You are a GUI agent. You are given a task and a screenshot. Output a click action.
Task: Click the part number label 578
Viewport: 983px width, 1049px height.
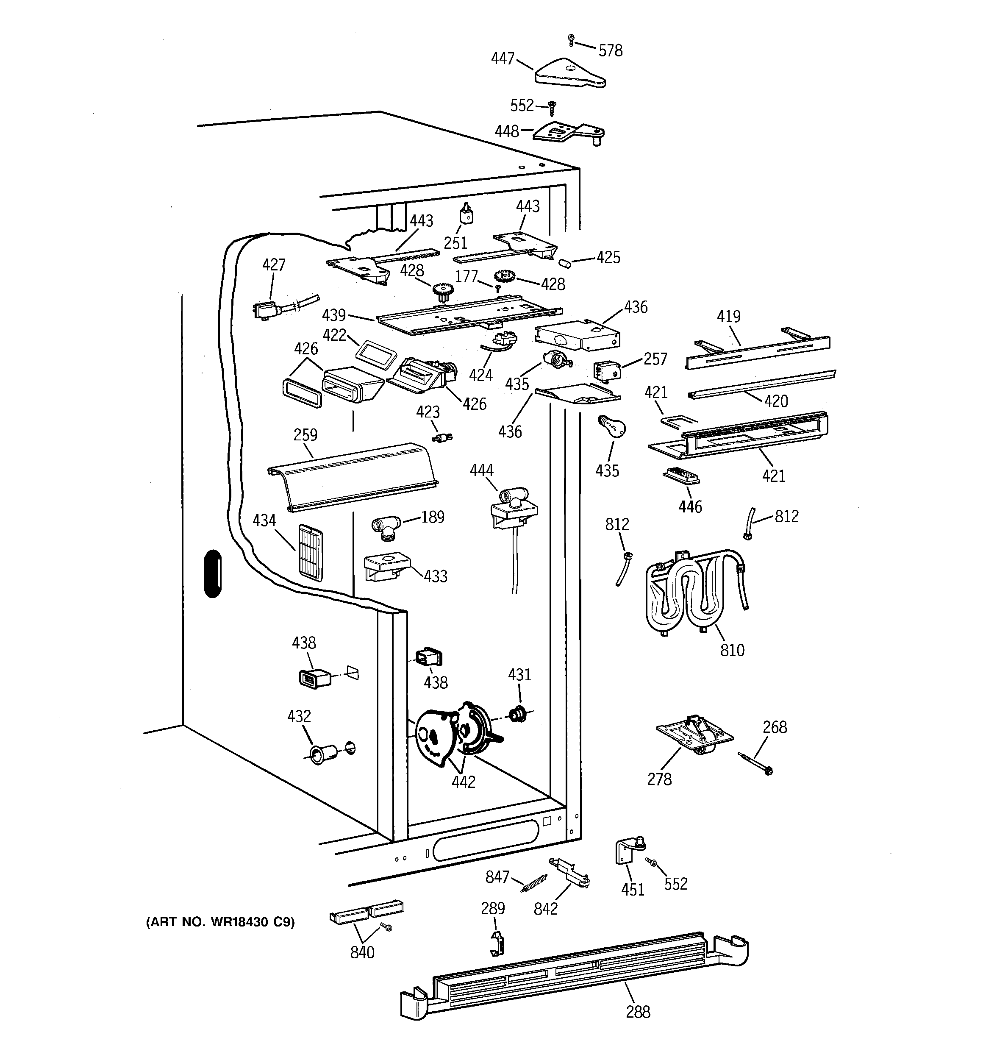610,51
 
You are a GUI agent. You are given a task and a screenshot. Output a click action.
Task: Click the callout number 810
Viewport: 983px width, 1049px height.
732,650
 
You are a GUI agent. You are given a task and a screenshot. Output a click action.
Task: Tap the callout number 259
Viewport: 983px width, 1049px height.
305,435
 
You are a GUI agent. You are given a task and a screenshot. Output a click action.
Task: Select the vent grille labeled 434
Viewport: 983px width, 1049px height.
310,552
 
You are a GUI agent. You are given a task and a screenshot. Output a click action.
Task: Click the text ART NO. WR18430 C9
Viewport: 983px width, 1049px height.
220,922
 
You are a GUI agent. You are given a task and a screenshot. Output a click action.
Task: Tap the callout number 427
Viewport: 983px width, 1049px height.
274,265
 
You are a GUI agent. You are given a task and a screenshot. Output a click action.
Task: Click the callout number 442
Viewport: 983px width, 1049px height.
463,782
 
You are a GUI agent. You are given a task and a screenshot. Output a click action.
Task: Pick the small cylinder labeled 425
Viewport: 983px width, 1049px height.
565,262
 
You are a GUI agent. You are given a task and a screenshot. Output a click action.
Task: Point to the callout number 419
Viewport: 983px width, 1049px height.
728,317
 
